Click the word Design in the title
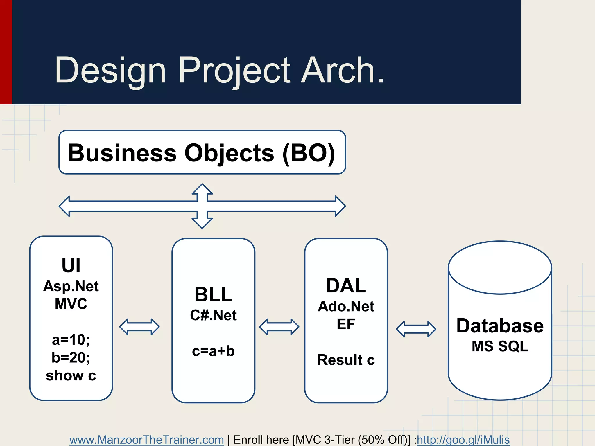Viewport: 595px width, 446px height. click(x=110, y=71)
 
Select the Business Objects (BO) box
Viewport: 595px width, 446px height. click(x=202, y=152)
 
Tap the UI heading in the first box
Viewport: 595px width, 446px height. click(x=71, y=265)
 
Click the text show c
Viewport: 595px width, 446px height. click(x=71, y=375)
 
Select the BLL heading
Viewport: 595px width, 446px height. click(x=213, y=294)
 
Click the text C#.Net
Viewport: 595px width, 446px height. click(x=213, y=315)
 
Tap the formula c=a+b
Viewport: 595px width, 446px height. click(x=213, y=351)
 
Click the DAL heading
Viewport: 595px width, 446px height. click(x=346, y=285)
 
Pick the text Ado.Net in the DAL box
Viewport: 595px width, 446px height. click(x=346, y=306)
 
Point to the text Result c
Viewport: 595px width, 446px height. click(x=346, y=360)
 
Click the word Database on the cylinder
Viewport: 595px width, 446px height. click(x=500, y=325)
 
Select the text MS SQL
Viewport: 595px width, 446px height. click(x=500, y=346)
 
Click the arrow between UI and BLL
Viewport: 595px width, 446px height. click(x=139, y=327)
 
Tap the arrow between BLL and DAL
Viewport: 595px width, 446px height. click(x=279, y=327)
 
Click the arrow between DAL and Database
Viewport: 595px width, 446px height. click(x=416, y=329)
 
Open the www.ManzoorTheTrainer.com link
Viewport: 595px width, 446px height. click(x=146, y=440)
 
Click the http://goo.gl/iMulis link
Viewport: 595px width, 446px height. click(x=463, y=440)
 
